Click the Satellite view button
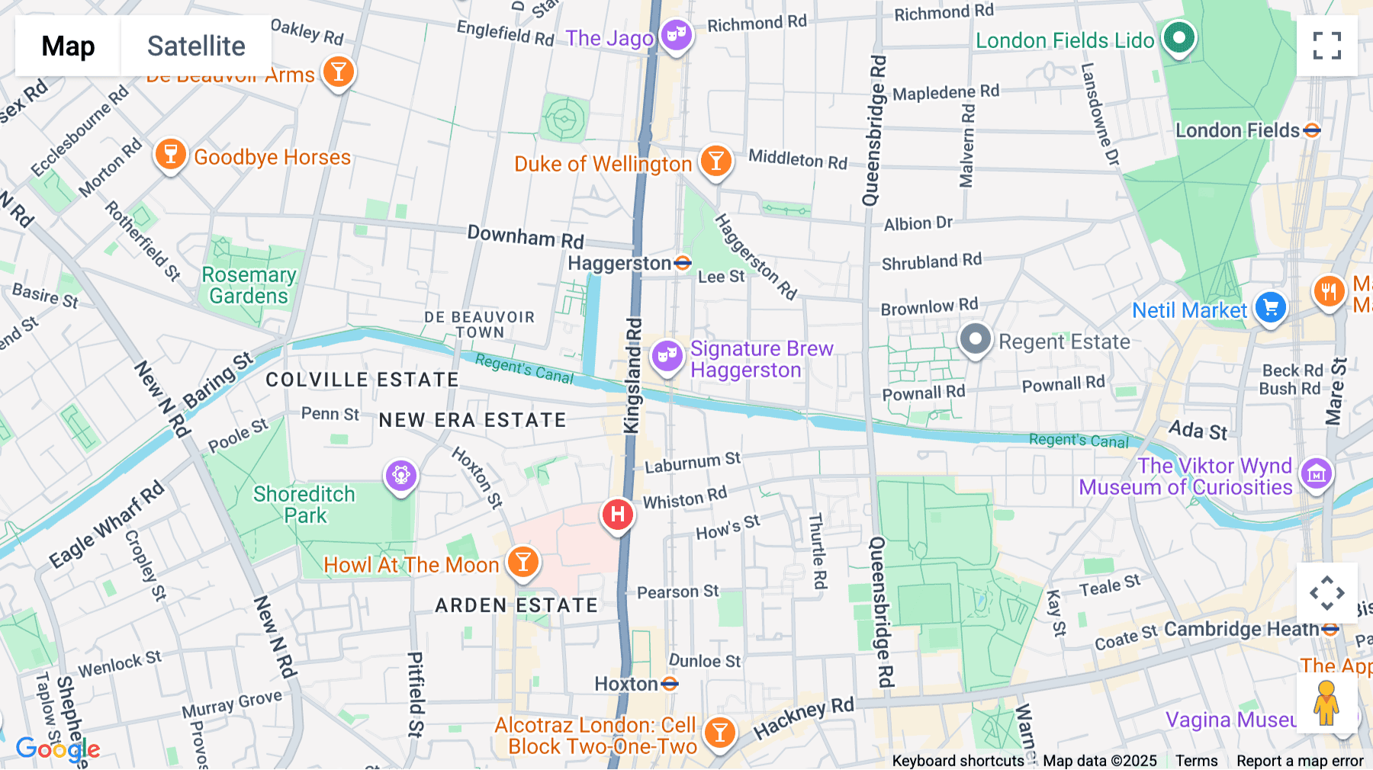pos(196,46)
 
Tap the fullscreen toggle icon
pos(1326,46)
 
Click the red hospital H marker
pos(618,515)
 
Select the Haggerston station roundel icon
pos(683,263)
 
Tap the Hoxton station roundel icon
pos(670,684)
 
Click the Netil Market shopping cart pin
pos(1270,308)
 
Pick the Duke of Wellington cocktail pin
pos(715,161)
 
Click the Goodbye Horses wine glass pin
pos(171,155)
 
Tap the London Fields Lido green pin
pos(1179,37)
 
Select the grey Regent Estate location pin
pos(975,339)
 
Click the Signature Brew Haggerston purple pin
pos(667,355)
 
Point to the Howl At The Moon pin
pos(523,563)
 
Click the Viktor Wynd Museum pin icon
pos(1316,474)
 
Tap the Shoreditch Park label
pos(304,505)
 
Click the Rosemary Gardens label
pos(249,285)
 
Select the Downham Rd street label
pos(525,236)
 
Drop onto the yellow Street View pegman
pos(1326,703)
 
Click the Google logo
pos(57,749)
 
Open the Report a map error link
pos(1299,761)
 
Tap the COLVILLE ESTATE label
pos(362,380)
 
